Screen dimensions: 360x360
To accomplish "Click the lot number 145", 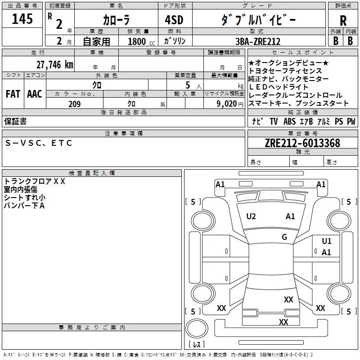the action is [x=22, y=18].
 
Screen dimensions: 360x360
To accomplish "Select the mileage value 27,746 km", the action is [x=55, y=65].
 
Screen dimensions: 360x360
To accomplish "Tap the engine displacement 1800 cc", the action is [x=141, y=41].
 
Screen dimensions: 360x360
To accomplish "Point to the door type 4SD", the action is [x=174, y=20].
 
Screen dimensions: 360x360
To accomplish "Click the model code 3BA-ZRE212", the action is [x=258, y=41].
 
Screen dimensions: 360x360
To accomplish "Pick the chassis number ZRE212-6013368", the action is [x=302, y=143].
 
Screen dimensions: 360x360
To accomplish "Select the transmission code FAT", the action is [x=13, y=94].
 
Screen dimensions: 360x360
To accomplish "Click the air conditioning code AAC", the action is [x=35, y=94].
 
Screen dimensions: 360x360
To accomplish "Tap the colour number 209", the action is [x=74, y=104].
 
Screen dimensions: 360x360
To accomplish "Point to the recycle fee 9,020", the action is [x=227, y=104].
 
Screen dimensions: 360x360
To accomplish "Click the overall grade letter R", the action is [x=343, y=21].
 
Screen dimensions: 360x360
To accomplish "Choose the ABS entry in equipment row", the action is [x=289, y=121].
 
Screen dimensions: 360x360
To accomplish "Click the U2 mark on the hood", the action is [x=251, y=216].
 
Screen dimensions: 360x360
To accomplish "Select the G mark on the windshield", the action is [x=284, y=237].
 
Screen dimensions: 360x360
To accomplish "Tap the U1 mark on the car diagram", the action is [x=327, y=241].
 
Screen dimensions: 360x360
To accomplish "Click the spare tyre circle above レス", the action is [x=197, y=328].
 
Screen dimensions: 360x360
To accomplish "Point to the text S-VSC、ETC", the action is [x=39, y=143].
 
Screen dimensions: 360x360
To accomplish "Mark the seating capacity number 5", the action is [x=188, y=85].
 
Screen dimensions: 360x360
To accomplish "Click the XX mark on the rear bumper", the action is [x=283, y=322].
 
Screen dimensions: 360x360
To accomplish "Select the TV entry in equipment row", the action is [x=274, y=121].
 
